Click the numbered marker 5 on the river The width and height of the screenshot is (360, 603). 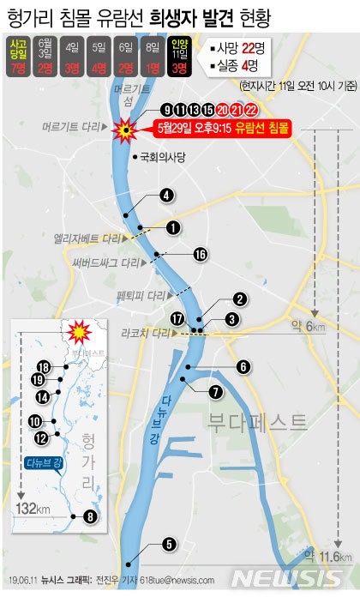click(168, 543)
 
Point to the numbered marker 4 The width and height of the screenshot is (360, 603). click(166, 195)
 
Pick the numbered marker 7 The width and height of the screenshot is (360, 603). click(214, 391)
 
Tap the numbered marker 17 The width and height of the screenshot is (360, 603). click(177, 318)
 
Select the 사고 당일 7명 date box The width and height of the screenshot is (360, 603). click(16, 56)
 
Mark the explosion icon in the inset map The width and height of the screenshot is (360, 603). click(79, 331)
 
